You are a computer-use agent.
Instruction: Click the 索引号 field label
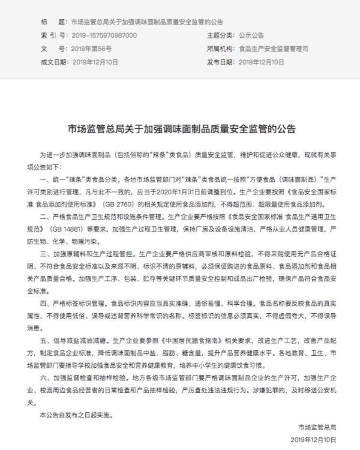(53, 35)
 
